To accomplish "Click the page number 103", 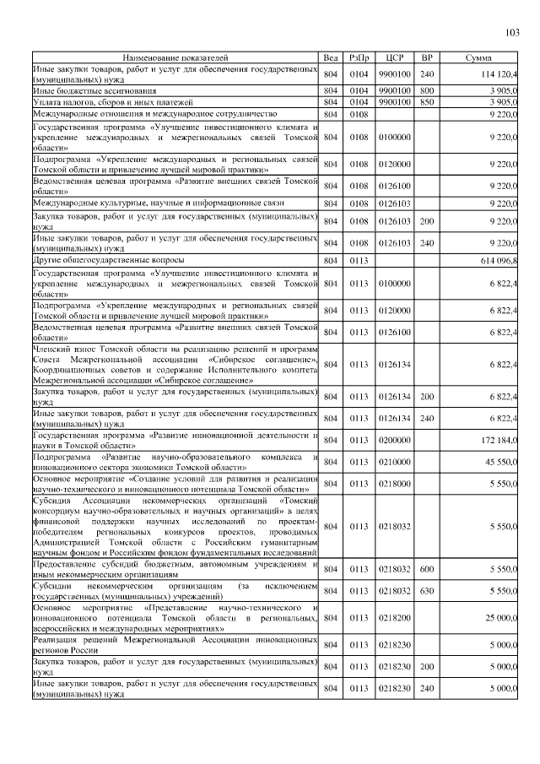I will click(x=511, y=33).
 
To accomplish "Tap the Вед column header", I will click(x=331, y=57).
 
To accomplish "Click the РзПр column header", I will click(x=359, y=57).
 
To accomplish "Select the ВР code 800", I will click(x=427, y=89).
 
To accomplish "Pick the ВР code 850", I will click(x=427, y=100).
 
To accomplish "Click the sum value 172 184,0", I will click(x=498, y=441).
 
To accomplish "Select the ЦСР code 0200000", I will click(x=394, y=441).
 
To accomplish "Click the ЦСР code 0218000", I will click(x=394, y=484).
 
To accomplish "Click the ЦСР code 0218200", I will click(x=394, y=619).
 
